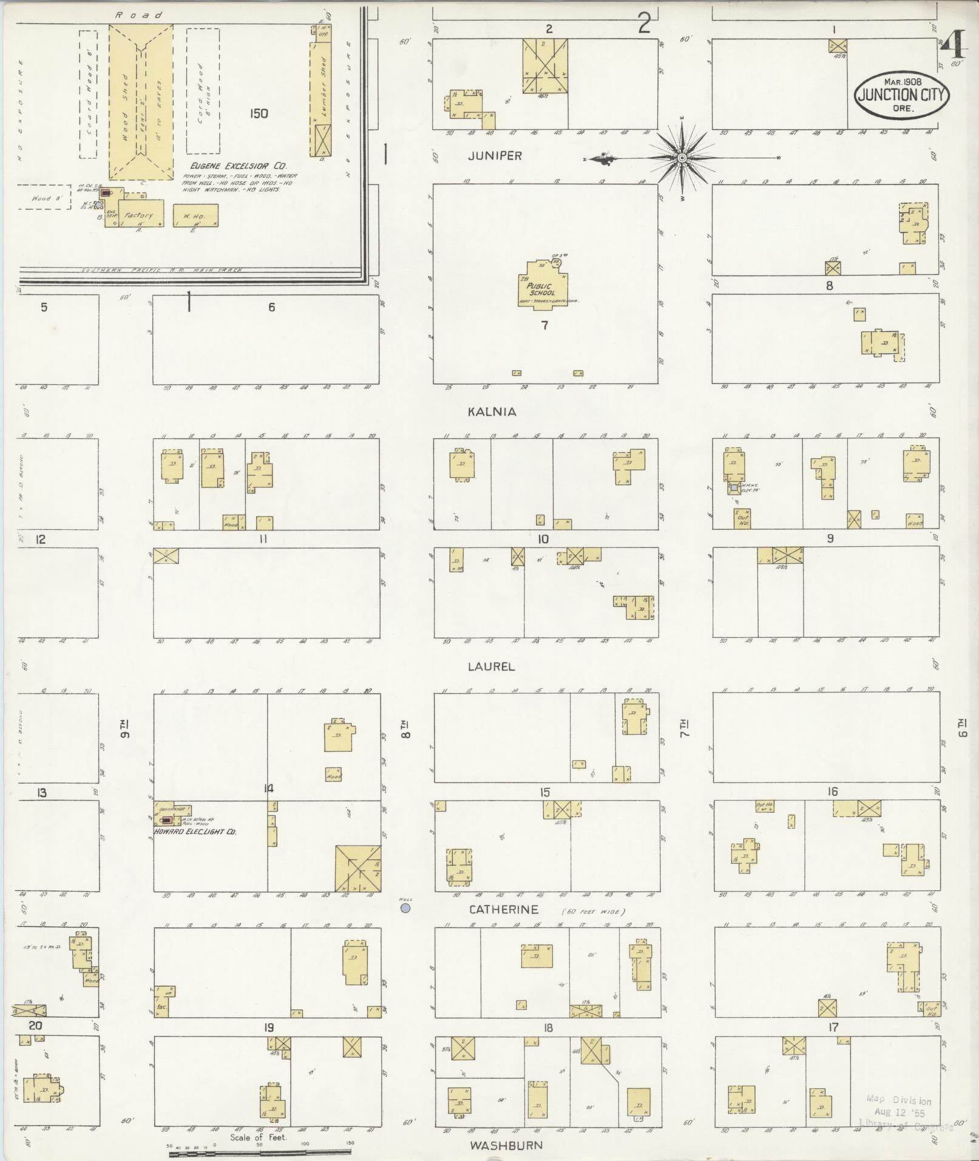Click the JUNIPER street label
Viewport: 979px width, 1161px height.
click(495, 156)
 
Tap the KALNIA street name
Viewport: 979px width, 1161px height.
click(492, 411)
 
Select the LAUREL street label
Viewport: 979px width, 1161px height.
click(491, 666)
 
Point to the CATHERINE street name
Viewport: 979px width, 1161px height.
click(504, 909)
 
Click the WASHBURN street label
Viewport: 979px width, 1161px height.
click(506, 1145)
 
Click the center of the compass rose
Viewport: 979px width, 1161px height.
click(682, 158)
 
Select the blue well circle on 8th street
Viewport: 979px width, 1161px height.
click(405, 908)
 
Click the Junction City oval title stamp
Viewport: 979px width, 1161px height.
click(902, 95)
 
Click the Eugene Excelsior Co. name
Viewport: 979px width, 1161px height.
click(238, 166)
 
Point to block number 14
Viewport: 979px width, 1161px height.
click(268, 788)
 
